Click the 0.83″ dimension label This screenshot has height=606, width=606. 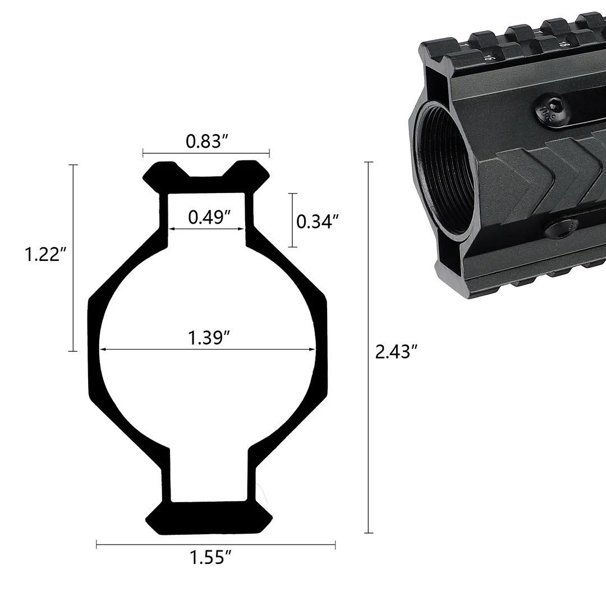pos(206,141)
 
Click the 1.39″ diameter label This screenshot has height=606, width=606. pos(209,338)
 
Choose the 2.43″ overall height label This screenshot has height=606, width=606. pos(396,352)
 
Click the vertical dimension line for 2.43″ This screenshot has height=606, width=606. pos(369,348)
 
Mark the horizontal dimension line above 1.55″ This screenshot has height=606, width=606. pos(216,544)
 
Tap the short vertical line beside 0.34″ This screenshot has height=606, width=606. pos(292,220)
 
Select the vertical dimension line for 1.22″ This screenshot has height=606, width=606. pos(72,258)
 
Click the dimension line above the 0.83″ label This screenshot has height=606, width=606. pos(206,153)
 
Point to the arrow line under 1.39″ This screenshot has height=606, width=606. pos(208,350)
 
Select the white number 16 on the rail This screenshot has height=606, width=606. pos(489,56)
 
